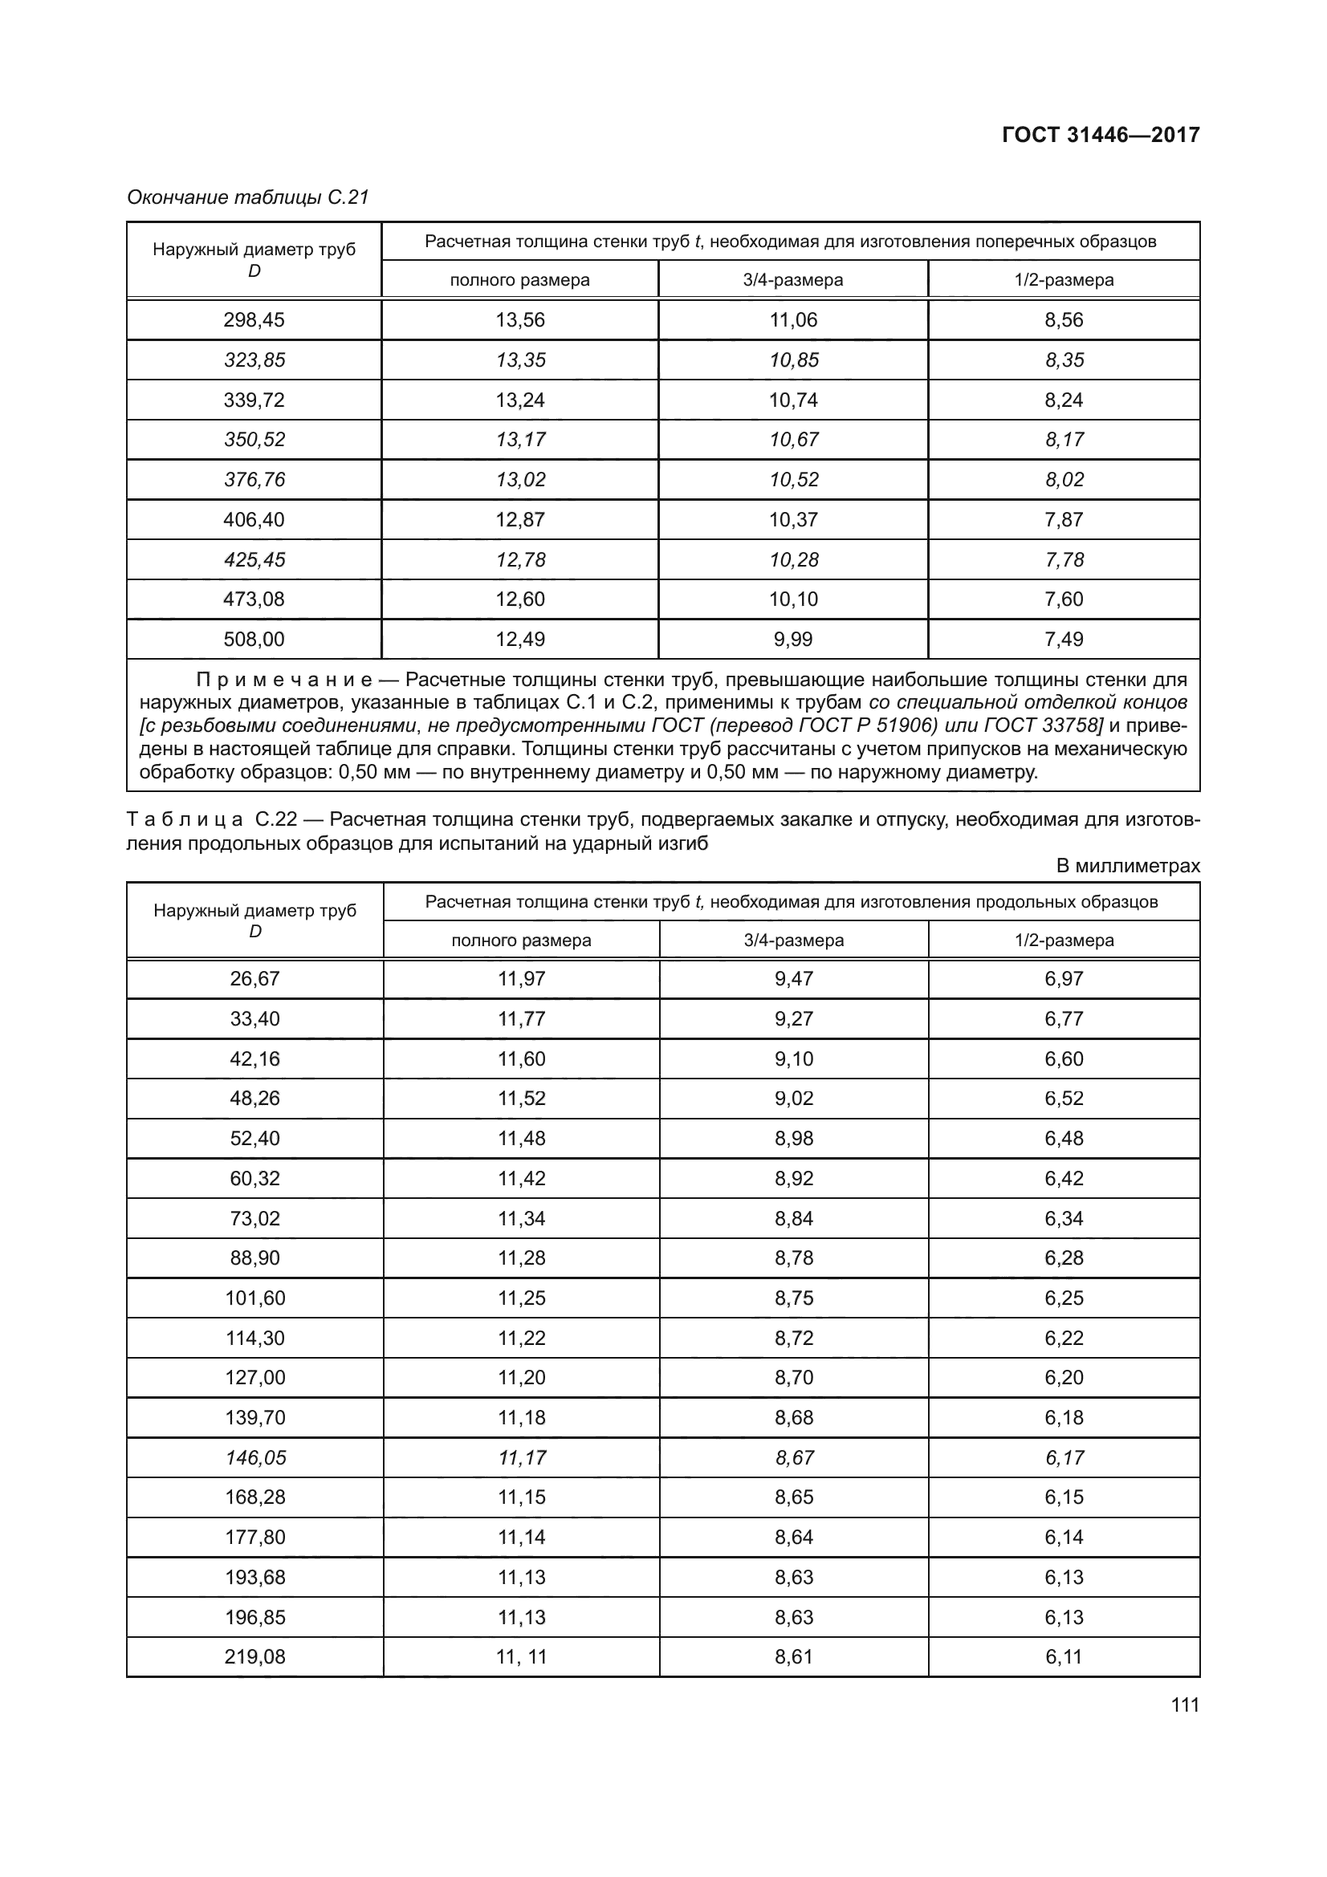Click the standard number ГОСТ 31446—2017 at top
point(1101,135)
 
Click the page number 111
point(1185,1704)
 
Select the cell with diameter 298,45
point(254,319)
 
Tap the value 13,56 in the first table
point(520,319)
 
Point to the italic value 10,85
point(793,360)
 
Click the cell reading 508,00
point(254,640)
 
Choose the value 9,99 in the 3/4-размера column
point(793,640)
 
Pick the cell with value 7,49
point(1064,640)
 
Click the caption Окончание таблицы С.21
point(248,197)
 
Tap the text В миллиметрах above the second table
point(1127,866)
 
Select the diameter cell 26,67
point(254,978)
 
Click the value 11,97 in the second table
point(522,978)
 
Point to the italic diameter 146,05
point(255,1457)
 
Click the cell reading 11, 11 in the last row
point(522,1657)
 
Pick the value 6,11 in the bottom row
point(1064,1657)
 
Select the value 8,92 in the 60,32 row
point(794,1178)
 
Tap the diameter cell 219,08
point(255,1657)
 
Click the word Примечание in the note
point(283,681)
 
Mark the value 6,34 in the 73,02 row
point(1064,1218)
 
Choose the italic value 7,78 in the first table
point(1064,560)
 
